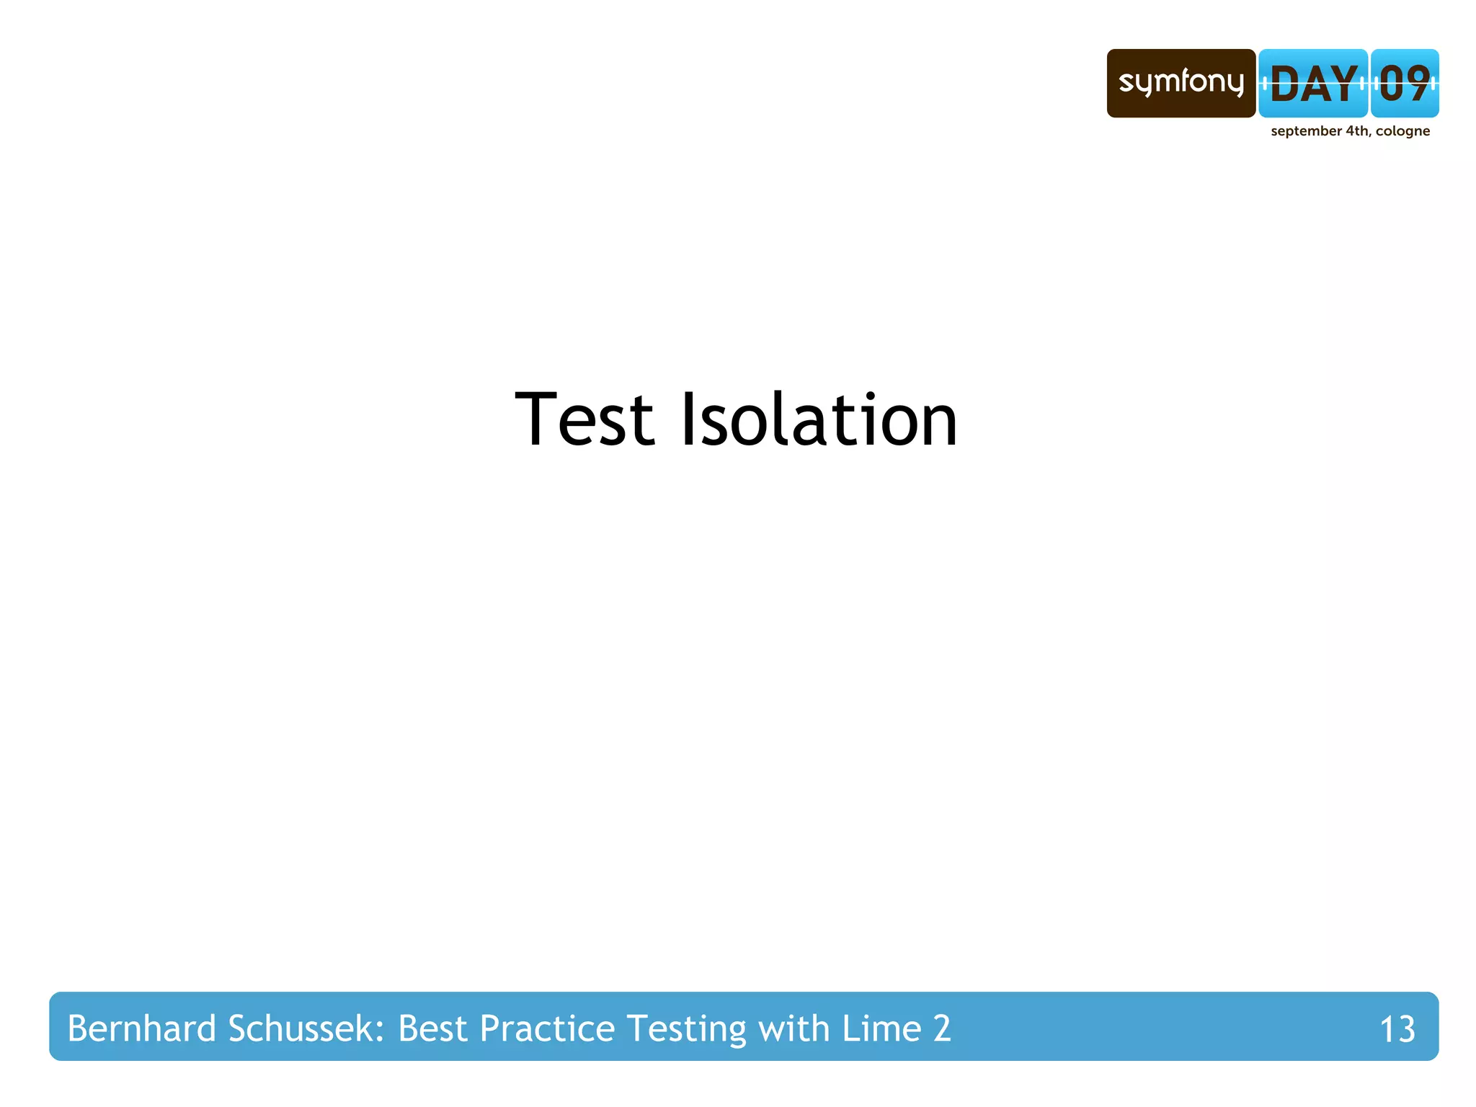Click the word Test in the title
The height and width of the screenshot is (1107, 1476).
point(584,419)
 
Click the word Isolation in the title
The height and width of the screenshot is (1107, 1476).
point(819,419)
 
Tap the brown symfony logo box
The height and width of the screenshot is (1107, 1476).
point(1181,84)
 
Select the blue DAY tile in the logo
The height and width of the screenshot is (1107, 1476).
point(1313,84)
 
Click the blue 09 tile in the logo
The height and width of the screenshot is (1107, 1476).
point(1405,84)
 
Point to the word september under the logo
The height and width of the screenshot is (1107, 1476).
point(1306,131)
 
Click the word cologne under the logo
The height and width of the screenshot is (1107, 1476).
point(1402,131)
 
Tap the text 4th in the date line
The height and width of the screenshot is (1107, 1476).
point(1357,131)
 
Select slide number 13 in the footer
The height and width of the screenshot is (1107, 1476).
point(1397,1029)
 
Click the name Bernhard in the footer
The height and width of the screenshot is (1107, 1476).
point(141,1028)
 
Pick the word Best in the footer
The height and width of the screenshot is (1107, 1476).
point(432,1028)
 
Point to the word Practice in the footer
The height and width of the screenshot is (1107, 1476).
point(547,1028)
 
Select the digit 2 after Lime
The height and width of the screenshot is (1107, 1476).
point(942,1029)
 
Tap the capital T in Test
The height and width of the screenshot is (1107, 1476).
point(536,419)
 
